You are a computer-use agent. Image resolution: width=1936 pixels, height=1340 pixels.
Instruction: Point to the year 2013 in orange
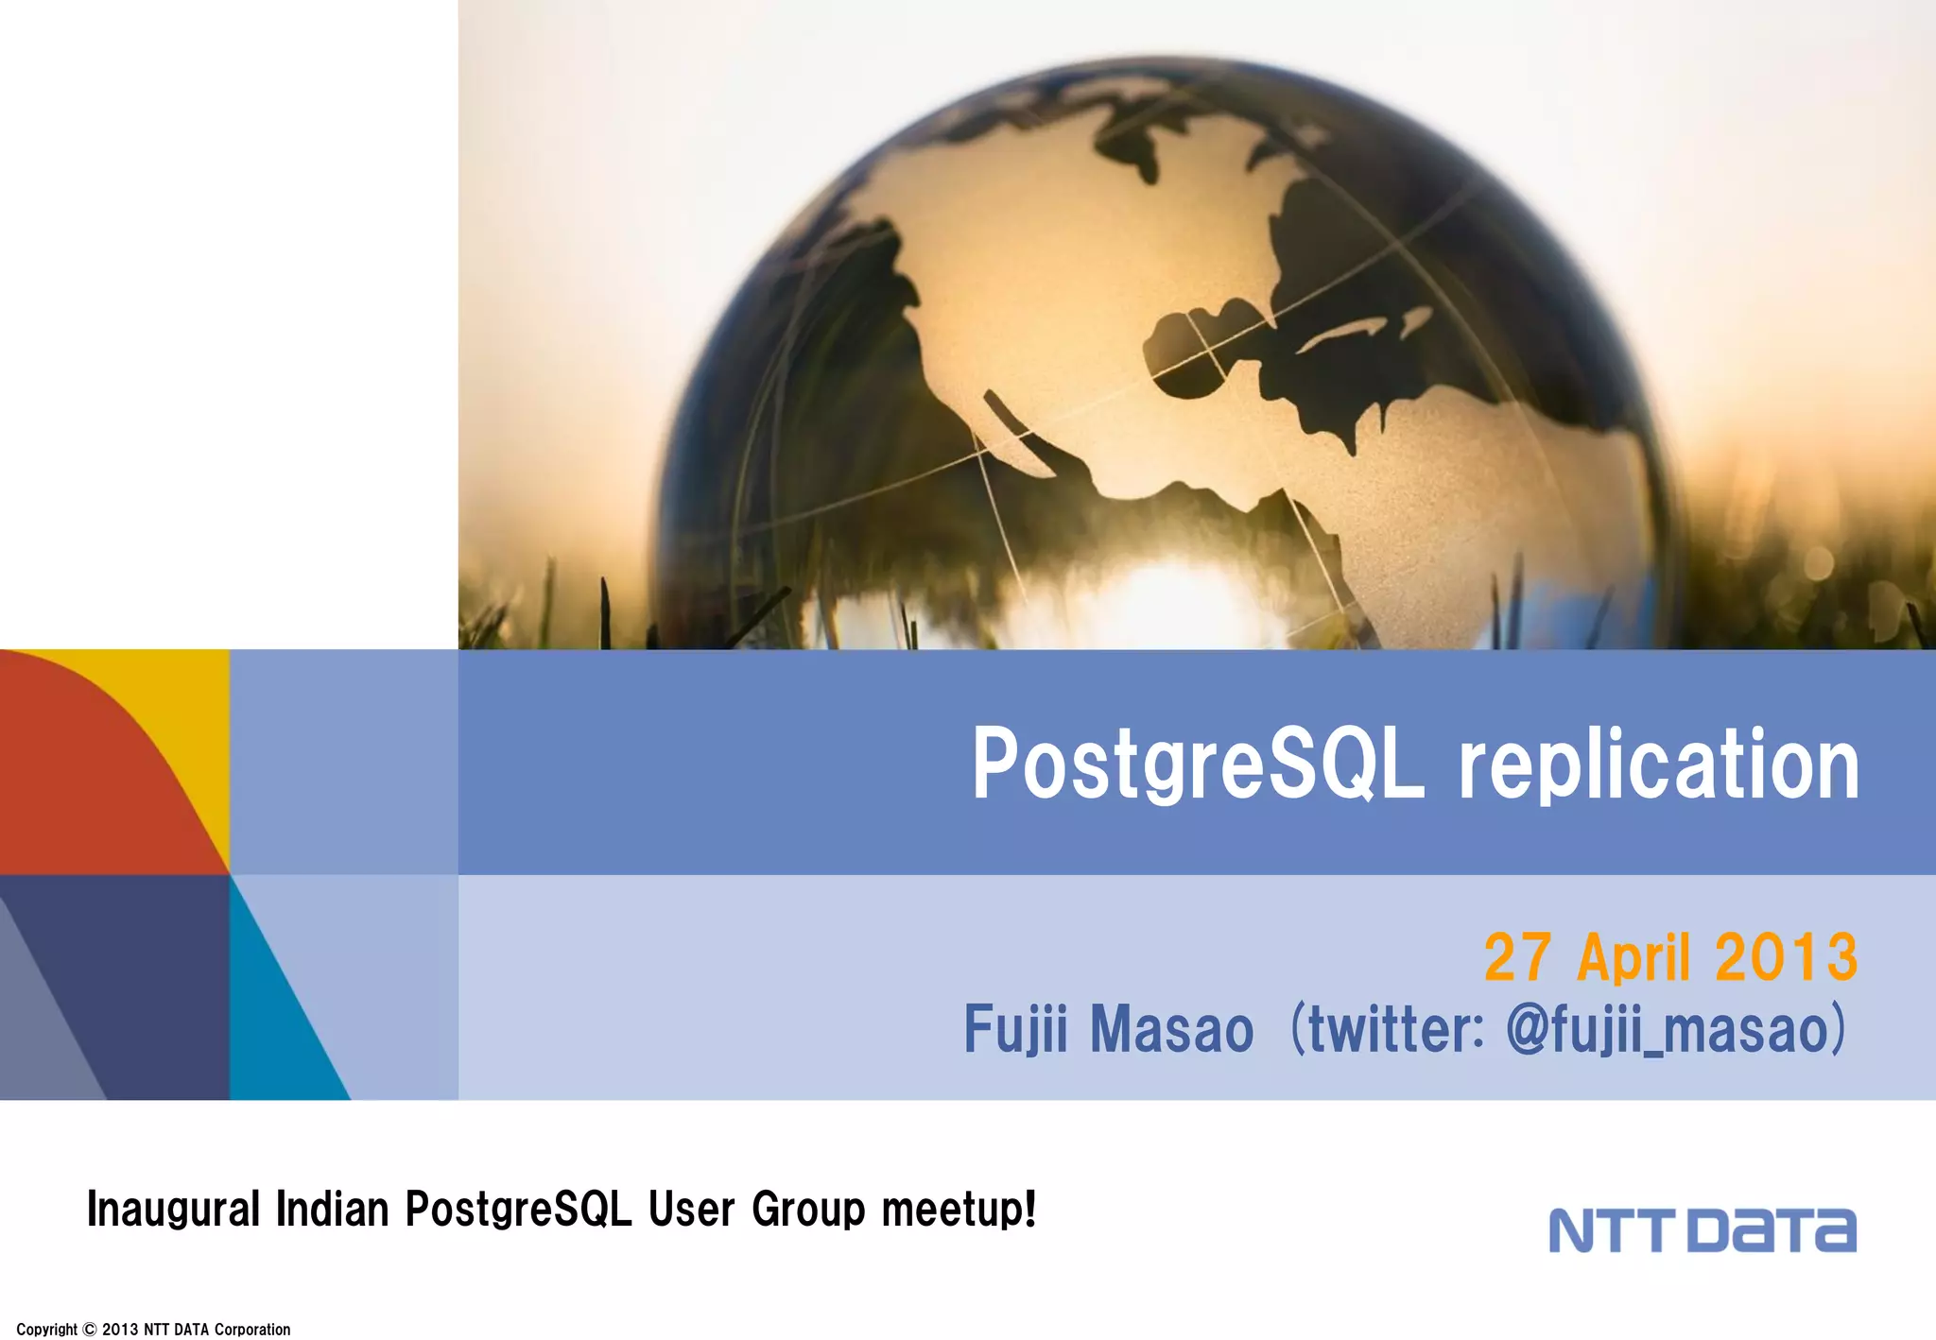tap(1786, 957)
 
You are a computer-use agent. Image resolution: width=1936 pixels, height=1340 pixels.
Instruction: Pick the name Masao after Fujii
tap(1171, 1029)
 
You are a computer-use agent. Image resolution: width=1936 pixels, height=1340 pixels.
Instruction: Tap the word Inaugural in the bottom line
tap(173, 1210)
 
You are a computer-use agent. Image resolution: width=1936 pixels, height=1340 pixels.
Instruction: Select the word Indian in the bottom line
tap(332, 1210)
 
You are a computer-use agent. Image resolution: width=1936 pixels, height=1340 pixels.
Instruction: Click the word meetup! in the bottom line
tap(959, 1210)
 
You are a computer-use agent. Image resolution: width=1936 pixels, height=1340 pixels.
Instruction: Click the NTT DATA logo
tap(1702, 1230)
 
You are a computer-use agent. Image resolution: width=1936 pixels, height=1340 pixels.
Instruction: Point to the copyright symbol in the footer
tap(90, 1330)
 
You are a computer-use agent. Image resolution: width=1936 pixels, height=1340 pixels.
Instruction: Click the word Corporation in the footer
tap(252, 1330)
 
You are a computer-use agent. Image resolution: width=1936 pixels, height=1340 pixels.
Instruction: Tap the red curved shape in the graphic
tap(85, 775)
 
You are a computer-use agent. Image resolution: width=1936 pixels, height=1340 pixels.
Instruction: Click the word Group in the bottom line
tap(808, 1210)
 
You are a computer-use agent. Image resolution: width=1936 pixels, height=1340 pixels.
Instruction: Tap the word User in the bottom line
tap(691, 1210)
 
